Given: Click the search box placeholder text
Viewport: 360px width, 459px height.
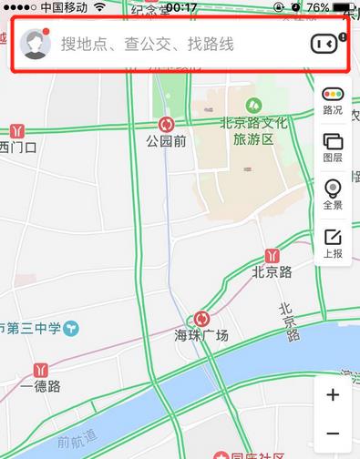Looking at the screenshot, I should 147,44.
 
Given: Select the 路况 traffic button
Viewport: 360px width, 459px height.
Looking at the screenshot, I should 333,100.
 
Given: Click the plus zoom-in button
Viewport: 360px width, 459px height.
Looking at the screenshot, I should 333,395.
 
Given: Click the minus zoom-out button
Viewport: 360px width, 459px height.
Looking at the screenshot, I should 333,434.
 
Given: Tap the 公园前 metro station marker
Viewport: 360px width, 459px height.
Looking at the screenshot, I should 166,125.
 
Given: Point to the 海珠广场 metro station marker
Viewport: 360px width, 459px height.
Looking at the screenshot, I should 201,319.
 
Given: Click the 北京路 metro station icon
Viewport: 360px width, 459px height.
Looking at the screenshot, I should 273,256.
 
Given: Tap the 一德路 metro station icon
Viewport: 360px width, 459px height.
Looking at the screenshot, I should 40,370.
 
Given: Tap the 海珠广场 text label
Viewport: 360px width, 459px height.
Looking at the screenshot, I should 201,337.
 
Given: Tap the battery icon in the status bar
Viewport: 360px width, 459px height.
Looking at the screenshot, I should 344,6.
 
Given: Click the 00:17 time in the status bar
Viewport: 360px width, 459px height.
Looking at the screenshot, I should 181,6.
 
